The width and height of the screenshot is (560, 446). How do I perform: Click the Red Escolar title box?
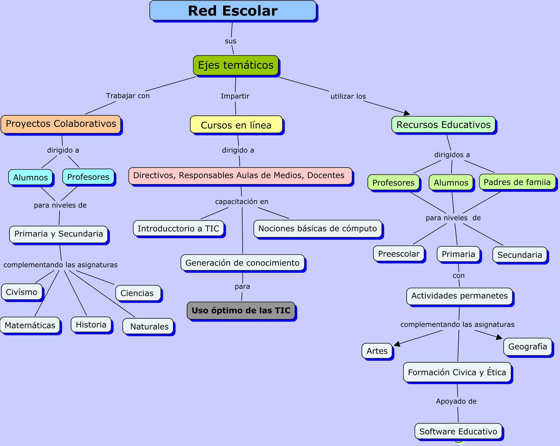233,10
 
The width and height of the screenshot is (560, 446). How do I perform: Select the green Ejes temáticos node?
236,65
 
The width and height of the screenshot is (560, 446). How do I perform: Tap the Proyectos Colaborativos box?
61,124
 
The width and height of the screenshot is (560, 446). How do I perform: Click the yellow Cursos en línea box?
236,125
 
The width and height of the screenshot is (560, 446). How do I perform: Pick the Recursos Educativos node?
443,125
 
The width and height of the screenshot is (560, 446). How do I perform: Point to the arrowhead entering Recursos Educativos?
407,113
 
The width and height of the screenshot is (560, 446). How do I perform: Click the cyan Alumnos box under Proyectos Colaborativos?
30,177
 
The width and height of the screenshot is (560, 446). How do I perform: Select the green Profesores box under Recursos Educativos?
393,183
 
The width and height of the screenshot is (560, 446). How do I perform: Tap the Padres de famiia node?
517,182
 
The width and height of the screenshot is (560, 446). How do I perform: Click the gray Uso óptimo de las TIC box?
241,311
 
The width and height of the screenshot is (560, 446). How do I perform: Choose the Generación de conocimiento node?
242,263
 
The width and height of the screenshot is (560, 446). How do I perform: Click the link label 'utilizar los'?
348,97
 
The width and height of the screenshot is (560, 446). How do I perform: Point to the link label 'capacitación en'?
241,202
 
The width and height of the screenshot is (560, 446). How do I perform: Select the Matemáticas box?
30,325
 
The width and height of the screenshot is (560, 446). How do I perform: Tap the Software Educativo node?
458,432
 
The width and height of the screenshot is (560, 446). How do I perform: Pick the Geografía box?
527,347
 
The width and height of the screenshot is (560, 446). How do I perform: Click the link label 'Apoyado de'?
456,402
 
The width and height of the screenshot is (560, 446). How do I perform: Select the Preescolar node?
399,254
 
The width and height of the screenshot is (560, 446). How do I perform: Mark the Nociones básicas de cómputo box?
317,229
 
